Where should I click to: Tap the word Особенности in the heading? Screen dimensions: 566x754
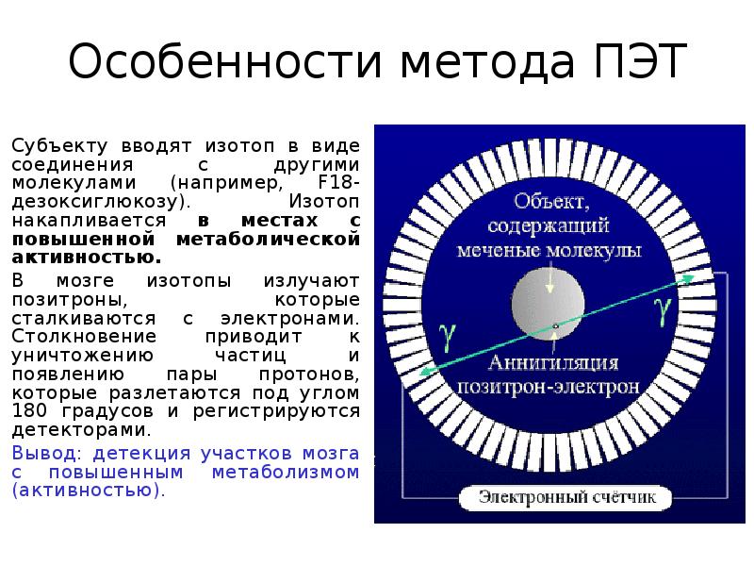(225, 63)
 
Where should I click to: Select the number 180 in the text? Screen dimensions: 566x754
(30, 411)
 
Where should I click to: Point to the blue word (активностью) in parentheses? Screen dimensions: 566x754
(89, 491)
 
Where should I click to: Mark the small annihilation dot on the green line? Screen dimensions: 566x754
(556, 326)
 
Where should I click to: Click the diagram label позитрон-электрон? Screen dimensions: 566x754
(549, 387)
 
